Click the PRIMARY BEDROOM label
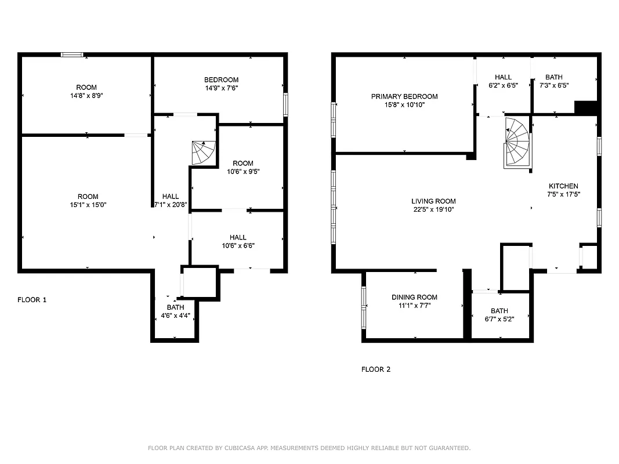[404, 96]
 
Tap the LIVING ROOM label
[433, 201]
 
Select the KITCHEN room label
[563, 186]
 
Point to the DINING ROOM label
[414, 297]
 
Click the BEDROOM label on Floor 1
[221, 79]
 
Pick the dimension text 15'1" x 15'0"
[88, 204]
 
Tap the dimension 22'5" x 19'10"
[433, 209]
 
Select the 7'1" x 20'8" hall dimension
[171, 204]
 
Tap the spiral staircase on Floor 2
[517, 143]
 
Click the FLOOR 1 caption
[32, 300]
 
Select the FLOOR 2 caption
[376, 369]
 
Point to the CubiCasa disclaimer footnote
[309, 448]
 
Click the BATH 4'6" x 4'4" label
[175, 312]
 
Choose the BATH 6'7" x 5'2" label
[499, 314]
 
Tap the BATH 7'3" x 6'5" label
[554, 81]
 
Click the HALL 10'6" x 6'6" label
[238, 241]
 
